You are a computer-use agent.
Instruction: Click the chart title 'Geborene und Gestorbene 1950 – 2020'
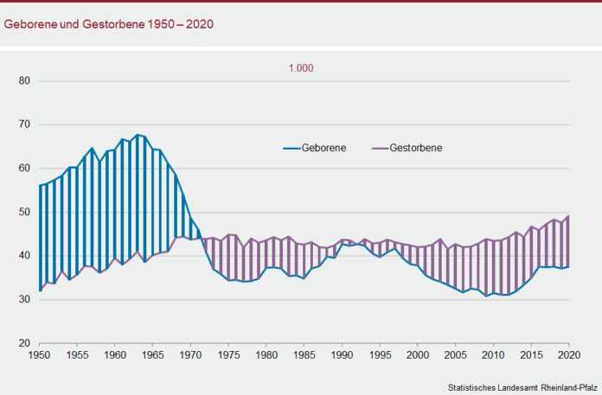pos(109,23)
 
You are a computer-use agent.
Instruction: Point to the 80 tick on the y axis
pos(24,81)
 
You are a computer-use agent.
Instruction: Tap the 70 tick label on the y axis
pos(24,124)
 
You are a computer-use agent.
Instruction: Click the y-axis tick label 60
pos(24,169)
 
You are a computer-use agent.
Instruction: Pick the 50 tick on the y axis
pos(24,212)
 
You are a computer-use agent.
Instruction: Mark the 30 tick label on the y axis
pos(24,299)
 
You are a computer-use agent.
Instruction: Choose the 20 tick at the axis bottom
pos(24,343)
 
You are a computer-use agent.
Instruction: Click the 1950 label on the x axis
pos(39,354)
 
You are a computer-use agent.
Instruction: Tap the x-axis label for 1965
pos(152,354)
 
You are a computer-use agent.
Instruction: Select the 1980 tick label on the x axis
pos(266,354)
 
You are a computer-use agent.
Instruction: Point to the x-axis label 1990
pos(343,354)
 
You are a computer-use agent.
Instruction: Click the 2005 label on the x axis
pos(456,354)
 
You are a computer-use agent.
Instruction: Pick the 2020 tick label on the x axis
pos(569,354)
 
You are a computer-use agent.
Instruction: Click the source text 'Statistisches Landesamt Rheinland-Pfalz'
pos(522,385)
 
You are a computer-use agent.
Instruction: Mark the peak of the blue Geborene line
pos(138,135)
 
